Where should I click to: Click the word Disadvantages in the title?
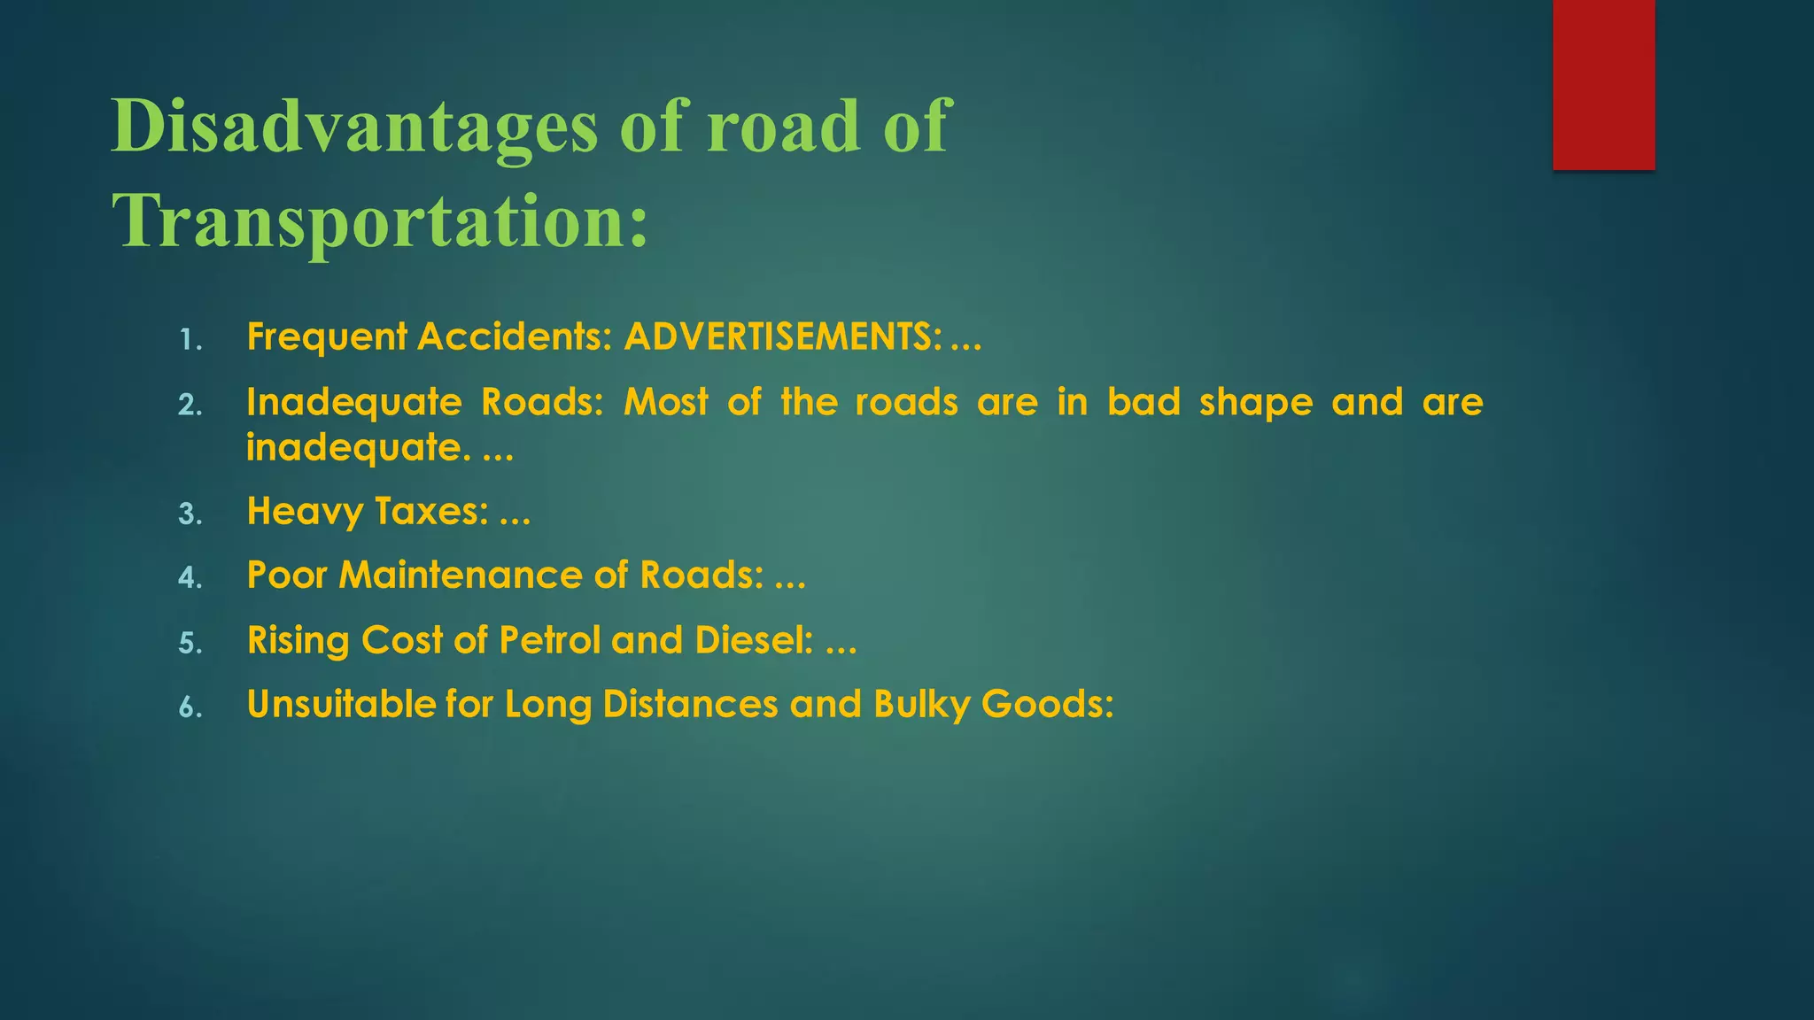point(355,127)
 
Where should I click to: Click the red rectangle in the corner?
point(1603,84)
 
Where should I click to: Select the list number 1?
point(190,340)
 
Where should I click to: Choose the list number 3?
point(190,514)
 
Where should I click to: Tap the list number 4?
point(190,578)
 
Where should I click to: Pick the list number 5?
point(190,643)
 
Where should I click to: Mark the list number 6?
point(190,707)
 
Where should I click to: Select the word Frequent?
point(327,337)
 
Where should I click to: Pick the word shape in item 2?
point(1256,403)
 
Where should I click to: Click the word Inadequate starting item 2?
point(353,403)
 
